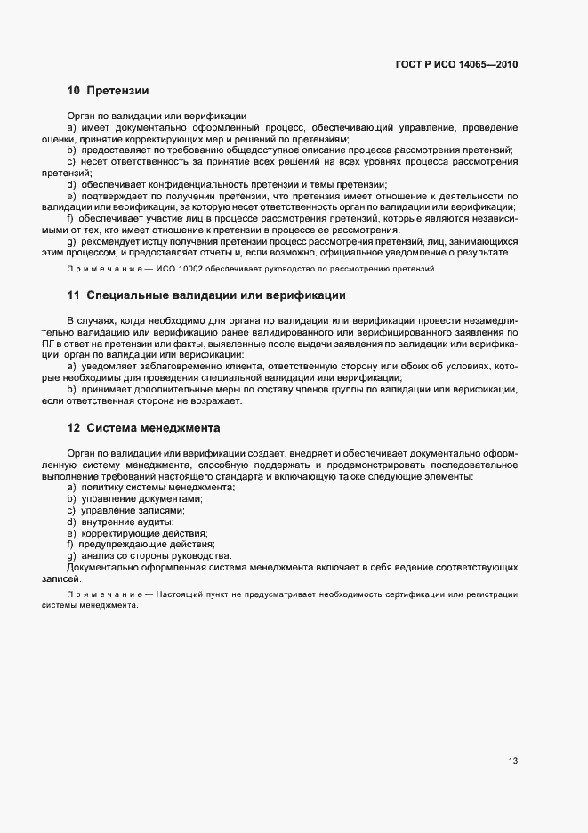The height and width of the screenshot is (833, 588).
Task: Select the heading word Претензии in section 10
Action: click(117, 91)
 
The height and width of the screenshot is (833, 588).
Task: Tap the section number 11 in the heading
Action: click(74, 295)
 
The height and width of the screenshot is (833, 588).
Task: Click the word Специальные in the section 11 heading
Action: click(131, 295)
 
